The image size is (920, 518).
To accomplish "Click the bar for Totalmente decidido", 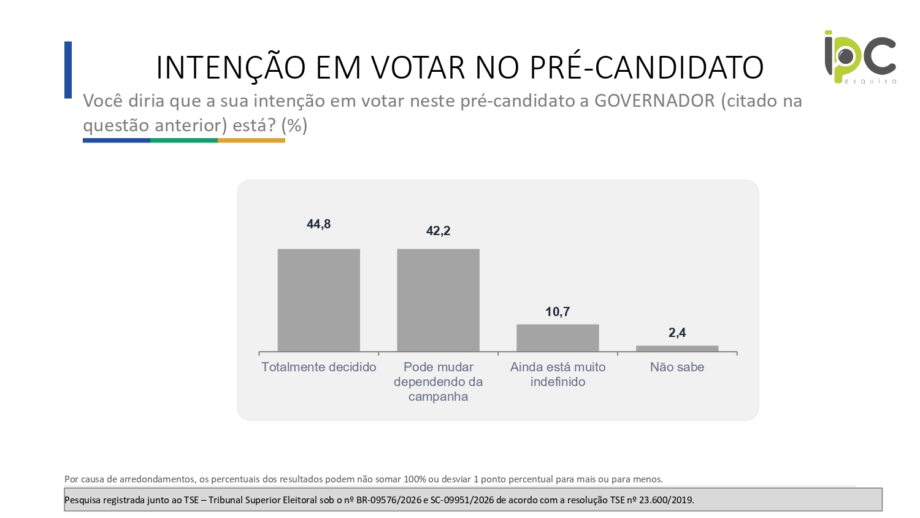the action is tap(319, 300).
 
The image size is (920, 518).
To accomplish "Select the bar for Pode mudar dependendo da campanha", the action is tap(439, 300).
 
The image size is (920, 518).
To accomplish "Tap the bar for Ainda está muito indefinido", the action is tap(558, 338).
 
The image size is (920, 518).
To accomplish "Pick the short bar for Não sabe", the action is tap(677, 349).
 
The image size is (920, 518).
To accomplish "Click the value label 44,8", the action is tap(319, 224).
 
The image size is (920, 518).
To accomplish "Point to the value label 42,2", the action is tap(439, 231).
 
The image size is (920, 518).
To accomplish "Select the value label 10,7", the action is tap(558, 312).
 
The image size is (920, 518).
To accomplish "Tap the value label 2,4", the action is tap(677, 333).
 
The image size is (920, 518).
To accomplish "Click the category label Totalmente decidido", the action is tap(319, 366).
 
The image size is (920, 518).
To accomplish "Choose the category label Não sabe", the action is tap(677, 366).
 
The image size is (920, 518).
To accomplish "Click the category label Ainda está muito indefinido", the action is tap(558, 374).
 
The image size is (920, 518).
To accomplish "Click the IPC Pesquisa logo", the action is tap(861, 57).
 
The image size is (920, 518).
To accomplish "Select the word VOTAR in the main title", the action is tap(418, 67).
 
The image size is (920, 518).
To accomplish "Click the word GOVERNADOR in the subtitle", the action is tap(654, 101).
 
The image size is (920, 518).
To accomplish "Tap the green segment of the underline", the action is tap(184, 141).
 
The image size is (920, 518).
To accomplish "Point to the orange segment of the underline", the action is tap(251, 141).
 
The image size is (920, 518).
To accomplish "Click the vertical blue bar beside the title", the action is tap(68, 70).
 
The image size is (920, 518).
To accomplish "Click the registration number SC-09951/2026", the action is tap(462, 500).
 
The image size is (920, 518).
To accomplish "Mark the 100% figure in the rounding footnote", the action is tap(415, 479).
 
